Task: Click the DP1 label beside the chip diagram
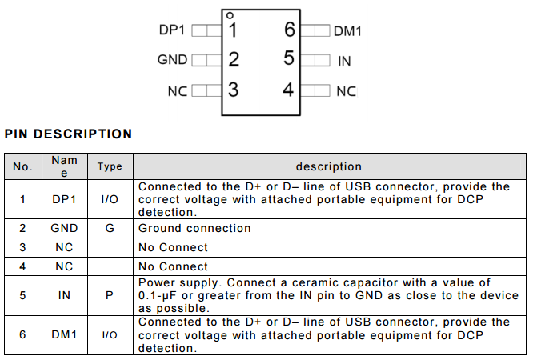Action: (172, 30)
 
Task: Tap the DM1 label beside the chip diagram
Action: (347, 31)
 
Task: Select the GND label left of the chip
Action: (172, 60)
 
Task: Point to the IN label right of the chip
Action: (344, 61)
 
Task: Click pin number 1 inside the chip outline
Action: (233, 30)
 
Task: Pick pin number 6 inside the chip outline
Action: (290, 30)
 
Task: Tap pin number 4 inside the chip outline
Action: (290, 90)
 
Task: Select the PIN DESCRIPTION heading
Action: (68, 134)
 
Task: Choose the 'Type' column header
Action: (110, 166)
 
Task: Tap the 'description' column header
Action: (328, 166)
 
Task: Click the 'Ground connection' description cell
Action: (194, 228)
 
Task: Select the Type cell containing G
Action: (110, 228)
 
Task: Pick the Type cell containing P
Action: (110, 295)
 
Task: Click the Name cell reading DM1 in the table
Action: (64, 334)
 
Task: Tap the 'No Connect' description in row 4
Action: (173, 266)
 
